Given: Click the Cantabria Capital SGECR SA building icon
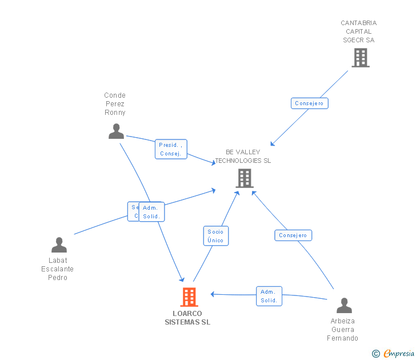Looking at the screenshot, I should tap(360, 58).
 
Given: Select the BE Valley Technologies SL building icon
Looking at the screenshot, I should tap(244, 178).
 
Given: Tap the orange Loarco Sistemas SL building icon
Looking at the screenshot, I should tap(189, 297).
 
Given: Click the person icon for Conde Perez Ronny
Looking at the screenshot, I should tap(116, 131).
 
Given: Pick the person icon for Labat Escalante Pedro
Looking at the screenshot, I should tap(59, 245).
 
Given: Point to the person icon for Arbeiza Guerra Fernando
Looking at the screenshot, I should tap(344, 306).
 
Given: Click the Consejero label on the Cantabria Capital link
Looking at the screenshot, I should tap(309, 103).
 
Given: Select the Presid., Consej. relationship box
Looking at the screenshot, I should tap(171, 149).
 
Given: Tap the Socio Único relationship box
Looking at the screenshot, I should tap(215, 236).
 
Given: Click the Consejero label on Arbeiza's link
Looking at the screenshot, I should tap(293, 235).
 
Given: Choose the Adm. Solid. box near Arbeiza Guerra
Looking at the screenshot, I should tap(269, 296).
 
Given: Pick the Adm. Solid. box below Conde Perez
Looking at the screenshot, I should tap(152, 212).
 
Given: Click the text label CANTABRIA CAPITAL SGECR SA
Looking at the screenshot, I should tap(359, 31).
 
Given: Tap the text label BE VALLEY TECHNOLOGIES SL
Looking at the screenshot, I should tap(243, 157).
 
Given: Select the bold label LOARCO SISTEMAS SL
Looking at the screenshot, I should tap(187, 318).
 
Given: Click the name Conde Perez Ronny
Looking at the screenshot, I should tap(115, 104).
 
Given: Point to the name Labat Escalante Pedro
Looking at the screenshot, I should tap(58, 269).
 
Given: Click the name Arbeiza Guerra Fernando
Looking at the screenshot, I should tap(343, 330).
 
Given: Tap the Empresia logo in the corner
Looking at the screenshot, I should tap(399, 354).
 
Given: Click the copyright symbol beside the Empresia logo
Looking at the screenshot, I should tap(376, 354).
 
